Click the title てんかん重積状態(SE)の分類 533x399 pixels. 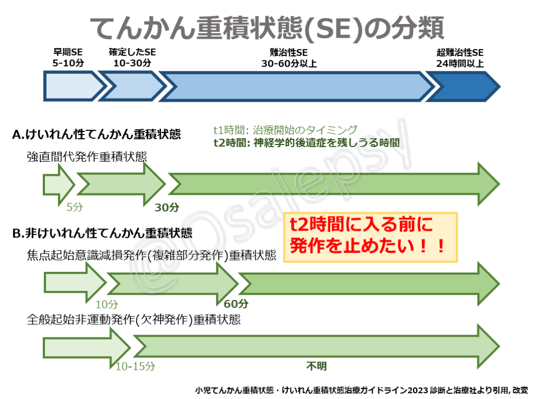(267, 28)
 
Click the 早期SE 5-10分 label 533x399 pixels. (68, 57)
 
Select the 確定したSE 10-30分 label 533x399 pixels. (132, 57)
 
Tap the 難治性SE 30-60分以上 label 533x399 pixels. (289, 58)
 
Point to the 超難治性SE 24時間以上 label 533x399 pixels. (460, 58)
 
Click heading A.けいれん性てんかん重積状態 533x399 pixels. (96, 134)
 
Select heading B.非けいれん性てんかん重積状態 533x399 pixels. (102, 233)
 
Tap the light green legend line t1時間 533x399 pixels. (286, 130)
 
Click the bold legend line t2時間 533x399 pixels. (307, 142)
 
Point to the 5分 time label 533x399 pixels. (75, 207)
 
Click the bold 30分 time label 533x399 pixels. (167, 207)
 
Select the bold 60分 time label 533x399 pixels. (236, 304)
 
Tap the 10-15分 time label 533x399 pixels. (135, 366)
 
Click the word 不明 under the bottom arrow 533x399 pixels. (317, 366)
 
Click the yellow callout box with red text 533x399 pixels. (370, 237)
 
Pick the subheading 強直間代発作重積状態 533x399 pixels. (87, 156)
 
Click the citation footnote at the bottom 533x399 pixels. (362, 390)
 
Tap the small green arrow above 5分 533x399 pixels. (58, 185)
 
